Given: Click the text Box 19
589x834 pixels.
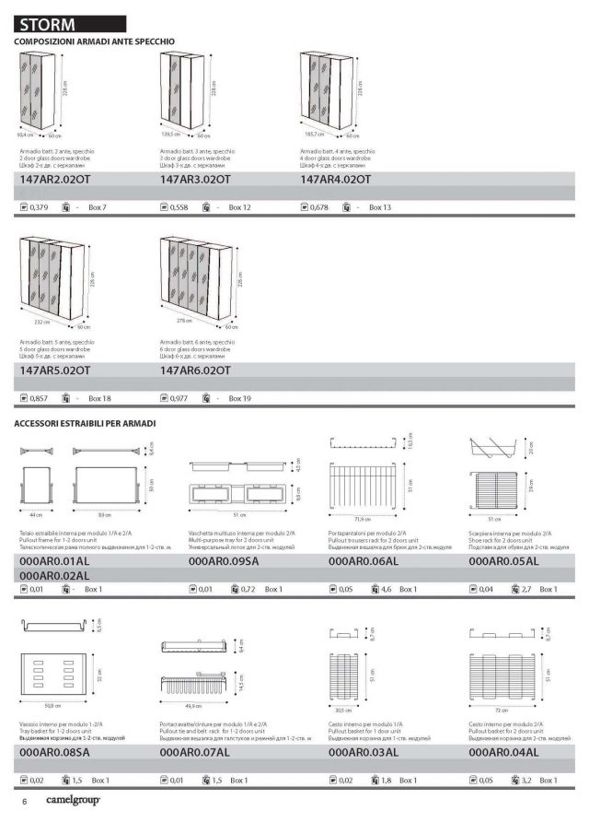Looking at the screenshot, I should pos(240,399).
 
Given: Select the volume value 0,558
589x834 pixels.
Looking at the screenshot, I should pos(179,208).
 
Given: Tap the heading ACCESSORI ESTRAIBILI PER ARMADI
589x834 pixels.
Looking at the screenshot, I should pos(85,424).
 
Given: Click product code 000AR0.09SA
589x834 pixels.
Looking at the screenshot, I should pos(224,560).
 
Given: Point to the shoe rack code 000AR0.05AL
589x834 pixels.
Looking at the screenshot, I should pos(503,560).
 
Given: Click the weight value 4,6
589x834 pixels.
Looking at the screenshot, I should pos(386,589).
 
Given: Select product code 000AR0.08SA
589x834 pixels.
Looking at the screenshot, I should pos(54,752).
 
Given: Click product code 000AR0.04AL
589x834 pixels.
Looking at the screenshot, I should pos(503,752).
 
